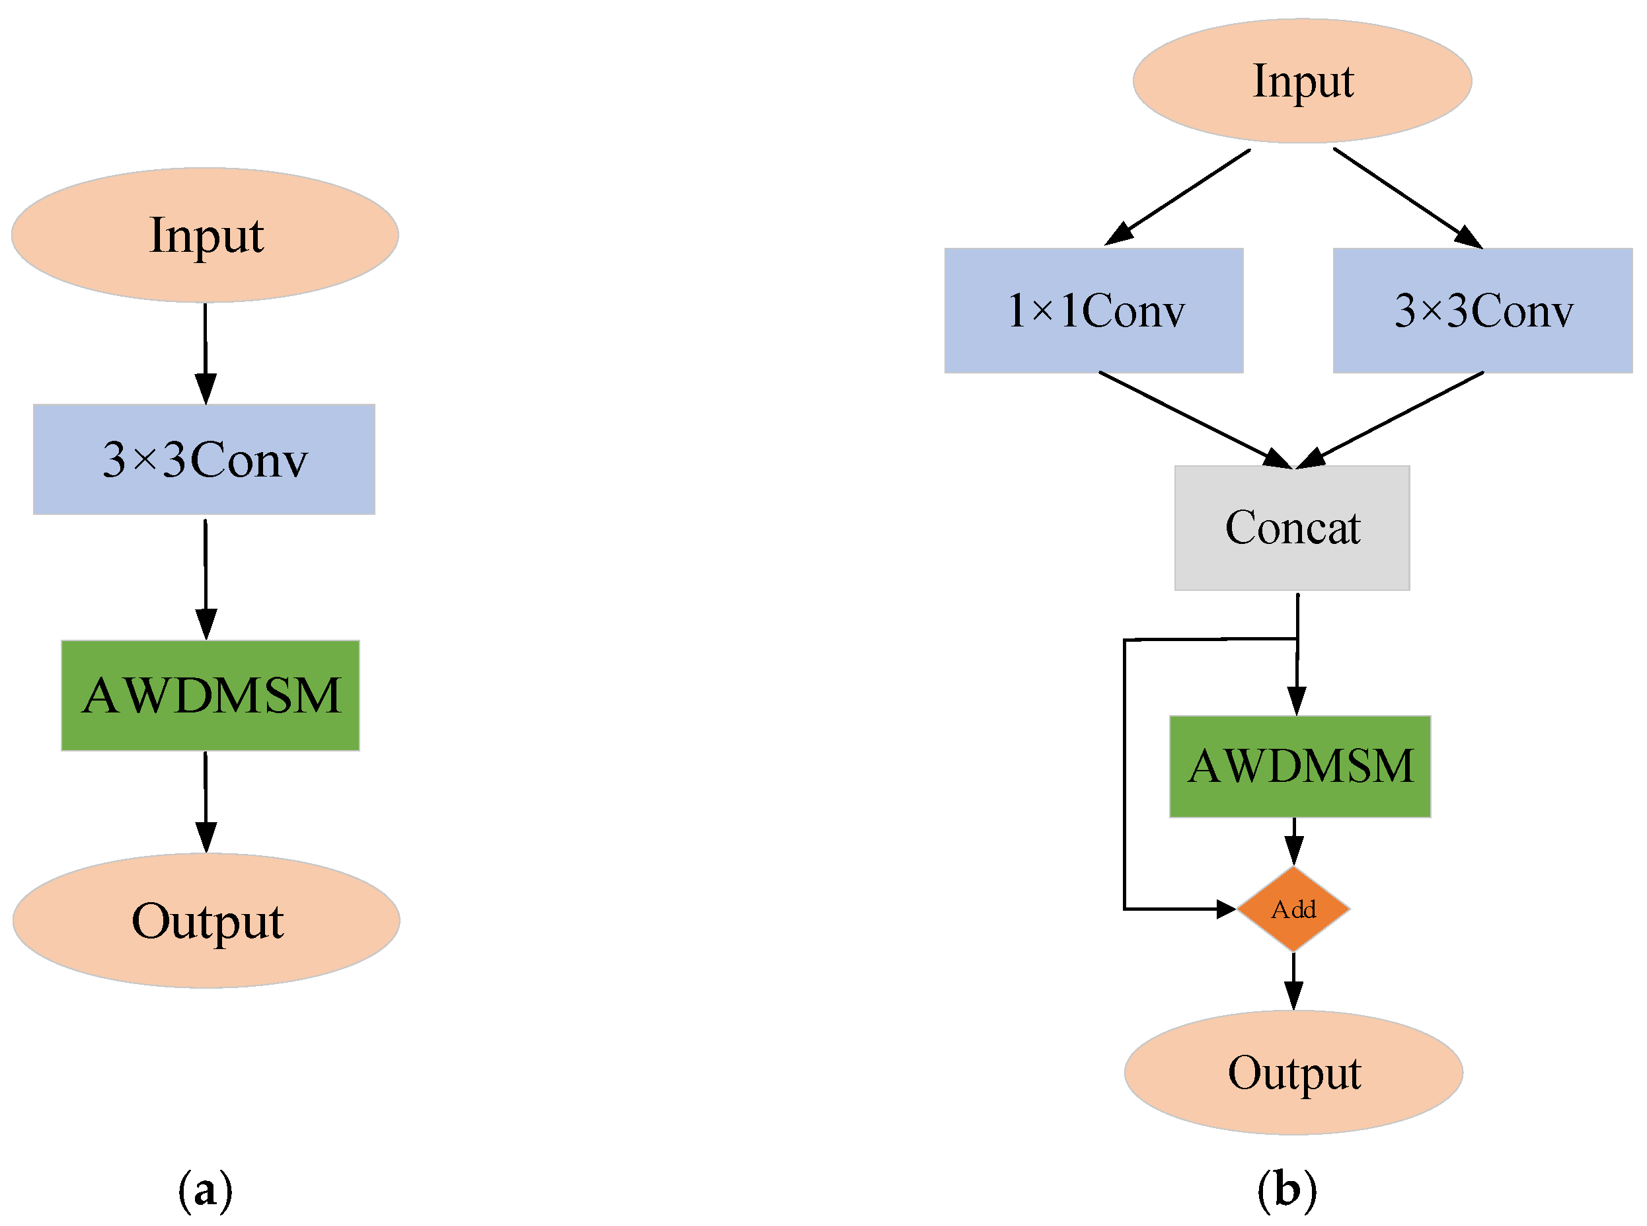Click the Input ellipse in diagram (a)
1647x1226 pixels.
click(x=205, y=235)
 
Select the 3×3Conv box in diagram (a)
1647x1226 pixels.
click(x=204, y=459)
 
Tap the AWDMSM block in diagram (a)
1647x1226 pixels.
click(x=210, y=695)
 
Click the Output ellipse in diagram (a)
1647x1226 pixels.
click(x=206, y=920)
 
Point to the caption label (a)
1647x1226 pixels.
click(x=205, y=1190)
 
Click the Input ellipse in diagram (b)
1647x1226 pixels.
click(x=1301, y=80)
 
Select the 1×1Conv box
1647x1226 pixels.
click(x=1092, y=310)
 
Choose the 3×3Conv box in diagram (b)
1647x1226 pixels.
click(x=1482, y=310)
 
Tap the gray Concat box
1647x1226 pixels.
click(x=1291, y=527)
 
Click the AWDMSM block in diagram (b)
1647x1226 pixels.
click(x=1299, y=767)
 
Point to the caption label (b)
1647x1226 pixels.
click(x=1286, y=1190)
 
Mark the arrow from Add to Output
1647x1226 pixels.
click(x=1293, y=979)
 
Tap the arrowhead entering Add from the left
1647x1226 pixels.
click(x=1225, y=908)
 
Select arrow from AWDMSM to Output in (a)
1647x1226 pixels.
click(x=206, y=802)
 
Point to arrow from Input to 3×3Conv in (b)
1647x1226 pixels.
click(x=1406, y=198)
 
